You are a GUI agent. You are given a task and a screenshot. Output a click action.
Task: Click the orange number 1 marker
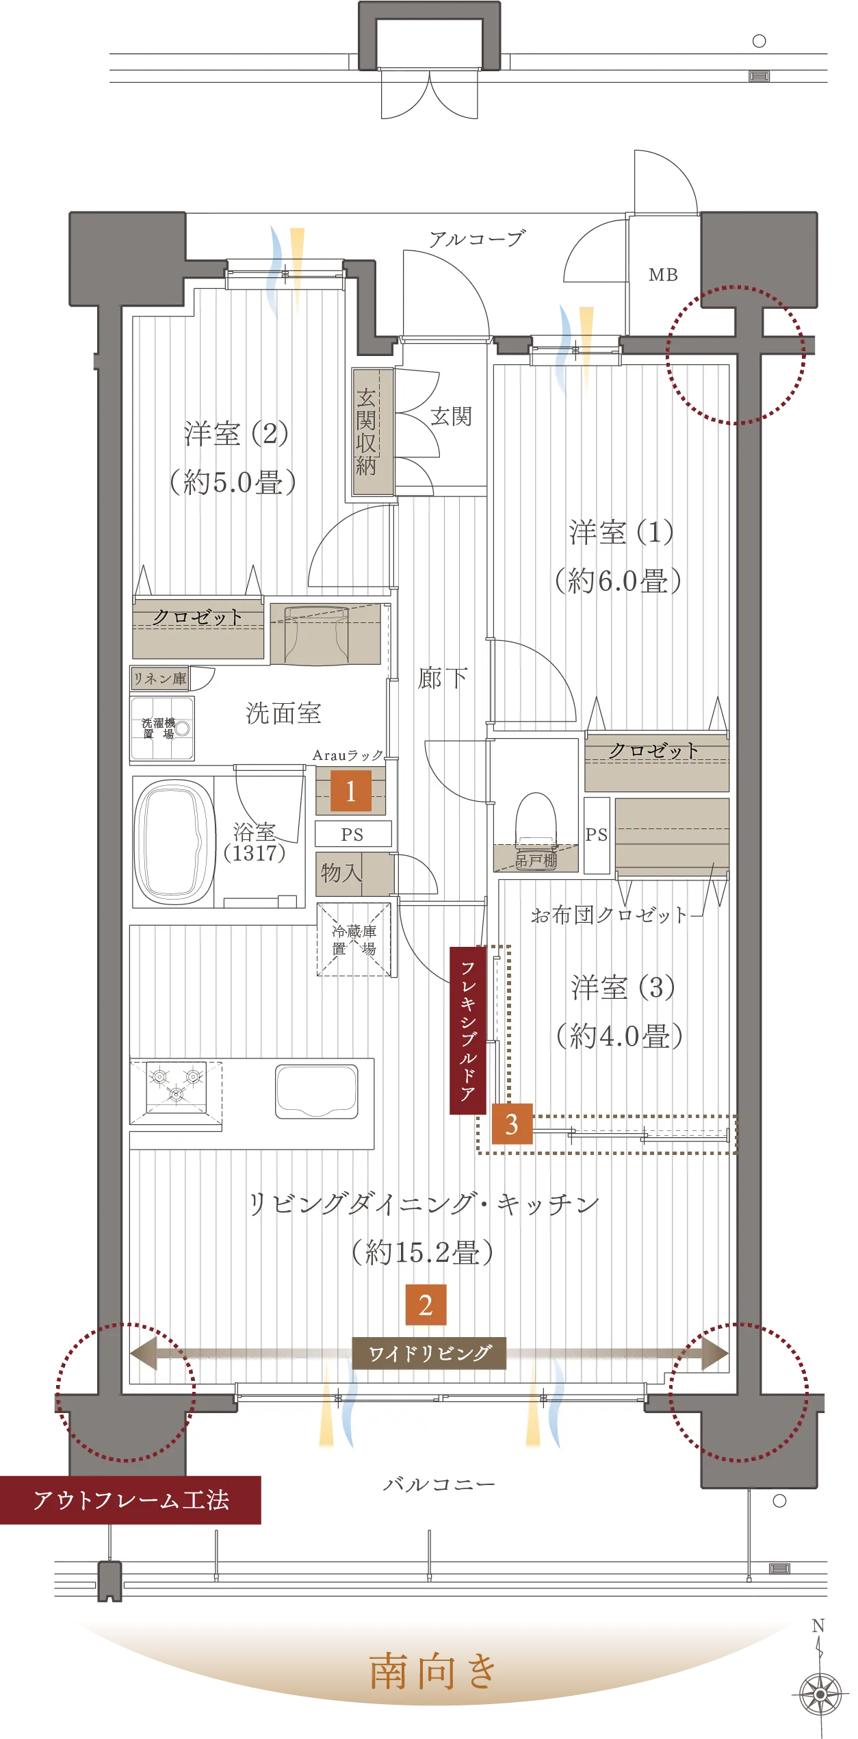350,791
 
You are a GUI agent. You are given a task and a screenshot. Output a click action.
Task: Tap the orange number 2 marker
426,1305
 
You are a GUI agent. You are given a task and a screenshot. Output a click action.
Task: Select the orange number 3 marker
512,1124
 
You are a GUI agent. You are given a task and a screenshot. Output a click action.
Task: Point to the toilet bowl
536,822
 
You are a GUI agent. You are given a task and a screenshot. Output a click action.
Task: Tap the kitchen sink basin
317,1091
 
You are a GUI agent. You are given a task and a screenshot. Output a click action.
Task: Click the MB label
663,275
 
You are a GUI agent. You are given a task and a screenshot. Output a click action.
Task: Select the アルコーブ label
476,238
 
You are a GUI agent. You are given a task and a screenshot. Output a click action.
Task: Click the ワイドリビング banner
429,1353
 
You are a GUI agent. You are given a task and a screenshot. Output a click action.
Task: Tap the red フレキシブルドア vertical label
468,1030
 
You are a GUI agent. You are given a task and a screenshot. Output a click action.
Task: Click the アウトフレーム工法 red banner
131,1500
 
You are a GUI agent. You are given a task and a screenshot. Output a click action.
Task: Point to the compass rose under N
820,1694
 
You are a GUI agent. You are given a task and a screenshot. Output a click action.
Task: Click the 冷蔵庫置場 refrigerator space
354,940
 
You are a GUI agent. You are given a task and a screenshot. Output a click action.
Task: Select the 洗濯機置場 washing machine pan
162,728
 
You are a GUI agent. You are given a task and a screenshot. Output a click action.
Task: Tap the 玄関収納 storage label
366,431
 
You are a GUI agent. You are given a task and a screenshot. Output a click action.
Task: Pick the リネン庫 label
160,678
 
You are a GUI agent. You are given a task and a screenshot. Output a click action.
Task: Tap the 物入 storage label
341,872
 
